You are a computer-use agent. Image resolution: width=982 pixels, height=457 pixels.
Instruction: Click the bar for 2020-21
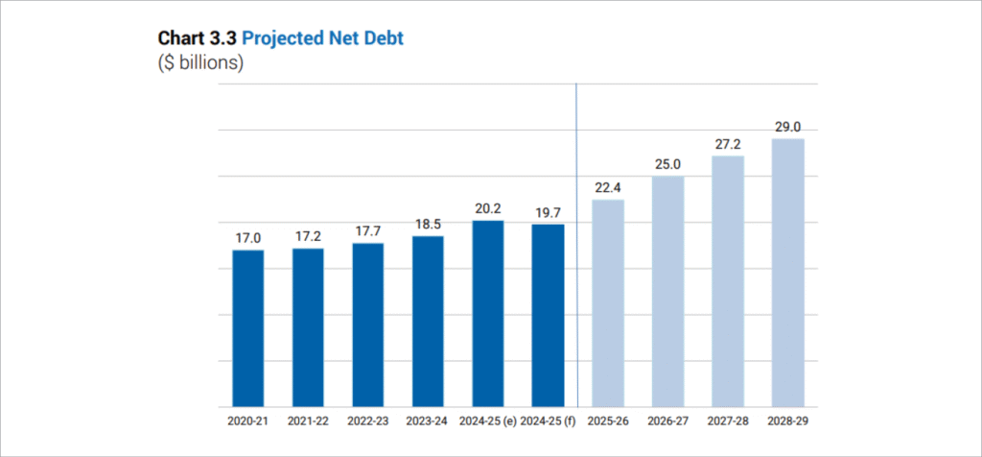[248, 328]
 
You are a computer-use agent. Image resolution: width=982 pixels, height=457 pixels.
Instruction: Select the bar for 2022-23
[368, 325]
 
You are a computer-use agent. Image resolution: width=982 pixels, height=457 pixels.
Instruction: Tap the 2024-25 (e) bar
[488, 314]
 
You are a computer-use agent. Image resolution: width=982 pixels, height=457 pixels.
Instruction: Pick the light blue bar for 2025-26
[608, 303]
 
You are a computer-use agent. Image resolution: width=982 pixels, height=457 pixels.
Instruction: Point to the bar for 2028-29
[787, 273]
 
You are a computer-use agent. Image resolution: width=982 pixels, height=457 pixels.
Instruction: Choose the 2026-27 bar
[668, 291]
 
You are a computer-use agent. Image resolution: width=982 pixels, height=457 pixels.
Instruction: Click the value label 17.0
[248, 237]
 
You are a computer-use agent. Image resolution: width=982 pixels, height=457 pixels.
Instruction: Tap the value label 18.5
[428, 223]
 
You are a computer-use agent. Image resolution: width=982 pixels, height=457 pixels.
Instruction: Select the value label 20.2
[488, 207]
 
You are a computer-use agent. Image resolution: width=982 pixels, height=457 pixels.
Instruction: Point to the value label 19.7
[548, 211]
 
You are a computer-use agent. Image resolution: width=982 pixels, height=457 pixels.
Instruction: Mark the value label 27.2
[728, 142]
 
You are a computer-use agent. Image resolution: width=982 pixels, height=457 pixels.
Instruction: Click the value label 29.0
[787, 126]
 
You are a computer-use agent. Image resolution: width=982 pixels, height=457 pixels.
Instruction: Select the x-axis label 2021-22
[308, 421]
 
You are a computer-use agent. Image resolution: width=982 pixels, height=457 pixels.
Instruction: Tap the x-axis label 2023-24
[428, 421]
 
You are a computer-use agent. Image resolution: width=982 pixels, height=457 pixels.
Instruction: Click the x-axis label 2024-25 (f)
[548, 421]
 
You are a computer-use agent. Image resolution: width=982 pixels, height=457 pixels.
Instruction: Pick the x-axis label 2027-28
[728, 421]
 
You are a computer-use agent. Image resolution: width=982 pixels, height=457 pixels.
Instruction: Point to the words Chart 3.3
[197, 40]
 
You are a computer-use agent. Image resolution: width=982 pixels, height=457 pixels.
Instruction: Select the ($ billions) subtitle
[200, 63]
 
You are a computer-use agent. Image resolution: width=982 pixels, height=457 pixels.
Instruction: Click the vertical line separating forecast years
[576, 240]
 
